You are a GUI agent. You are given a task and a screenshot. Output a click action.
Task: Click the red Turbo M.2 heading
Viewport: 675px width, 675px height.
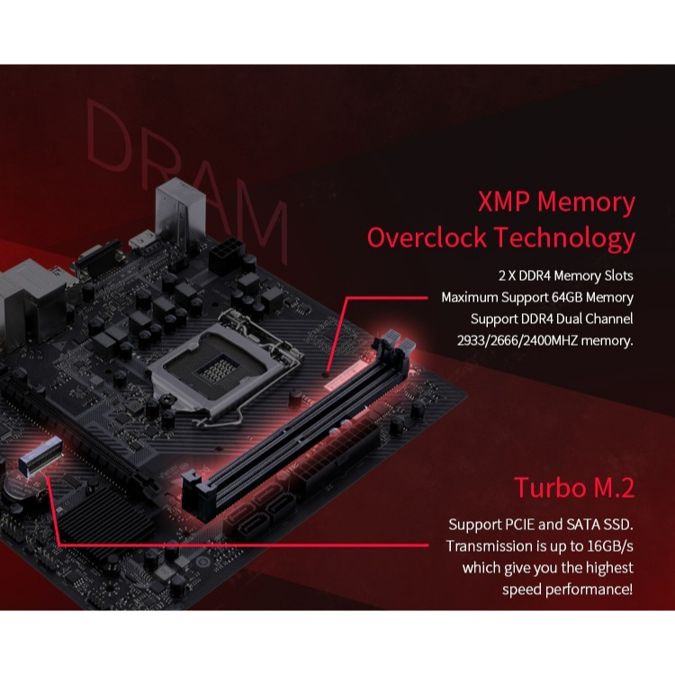coord(573,488)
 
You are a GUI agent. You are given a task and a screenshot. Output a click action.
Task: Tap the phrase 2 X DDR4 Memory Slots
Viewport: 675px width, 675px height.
coord(566,275)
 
